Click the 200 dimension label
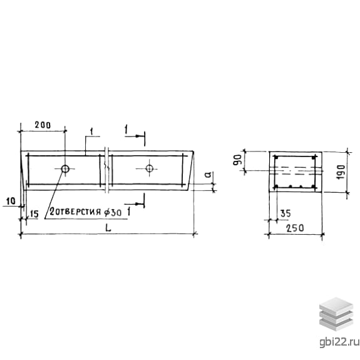coord(43,125)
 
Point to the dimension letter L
coord(108,228)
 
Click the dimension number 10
coord(11,201)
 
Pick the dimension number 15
coord(34,214)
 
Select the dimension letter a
coord(208,175)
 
